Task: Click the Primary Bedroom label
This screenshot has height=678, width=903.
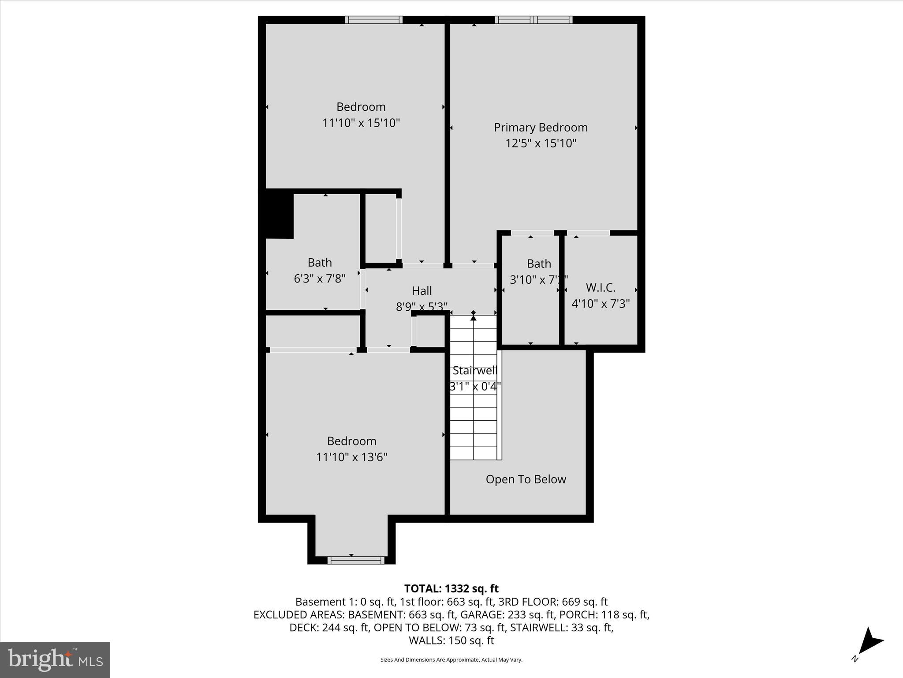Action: [x=541, y=128]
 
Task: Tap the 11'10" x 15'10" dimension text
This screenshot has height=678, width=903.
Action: [x=361, y=123]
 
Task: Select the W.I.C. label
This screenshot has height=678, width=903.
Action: [x=601, y=288]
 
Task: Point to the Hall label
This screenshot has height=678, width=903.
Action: [x=422, y=291]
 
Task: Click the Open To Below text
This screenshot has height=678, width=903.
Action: [x=526, y=479]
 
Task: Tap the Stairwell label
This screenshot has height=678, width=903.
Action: [x=474, y=371]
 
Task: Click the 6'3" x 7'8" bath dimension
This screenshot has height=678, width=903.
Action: [x=320, y=279]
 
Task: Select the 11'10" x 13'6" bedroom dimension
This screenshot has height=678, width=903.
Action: [x=351, y=457]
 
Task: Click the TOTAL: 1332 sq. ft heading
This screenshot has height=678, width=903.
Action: [x=451, y=588]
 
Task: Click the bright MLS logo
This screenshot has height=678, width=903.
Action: [x=55, y=659]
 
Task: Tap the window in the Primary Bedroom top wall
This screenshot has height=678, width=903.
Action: [x=534, y=20]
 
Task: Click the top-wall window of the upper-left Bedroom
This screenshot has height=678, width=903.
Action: [x=373, y=20]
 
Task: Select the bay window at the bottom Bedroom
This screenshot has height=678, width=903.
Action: [x=356, y=560]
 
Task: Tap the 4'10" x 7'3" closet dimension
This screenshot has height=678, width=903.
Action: [x=601, y=304]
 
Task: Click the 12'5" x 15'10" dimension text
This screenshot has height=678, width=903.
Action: [x=541, y=143]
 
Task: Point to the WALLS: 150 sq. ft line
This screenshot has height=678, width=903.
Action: [x=451, y=640]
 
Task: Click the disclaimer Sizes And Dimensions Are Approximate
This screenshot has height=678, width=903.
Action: [x=451, y=660]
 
